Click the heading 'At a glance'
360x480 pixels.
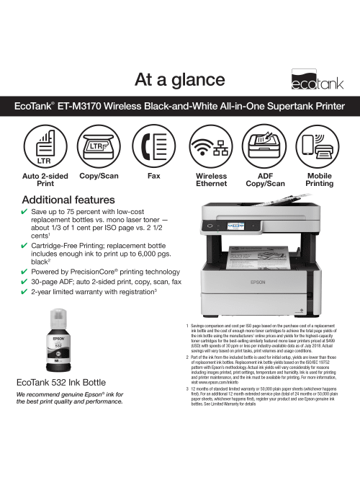[180, 78]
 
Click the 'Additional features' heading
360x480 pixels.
[69, 199]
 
